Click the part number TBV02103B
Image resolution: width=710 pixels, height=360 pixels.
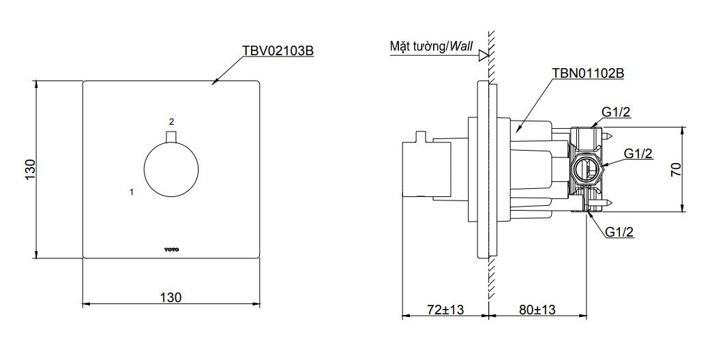(x=278, y=51)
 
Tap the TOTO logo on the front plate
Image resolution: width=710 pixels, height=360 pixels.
(x=171, y=249)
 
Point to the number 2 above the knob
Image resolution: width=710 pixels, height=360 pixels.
(x=171, y=121)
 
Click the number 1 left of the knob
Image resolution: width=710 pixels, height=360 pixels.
(x=132, y=193)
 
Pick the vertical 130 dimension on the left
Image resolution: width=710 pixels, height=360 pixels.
(x=29, y=170)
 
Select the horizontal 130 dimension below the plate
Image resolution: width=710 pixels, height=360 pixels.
(x=171, y=297)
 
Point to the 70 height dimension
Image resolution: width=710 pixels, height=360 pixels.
(x=676, y=170)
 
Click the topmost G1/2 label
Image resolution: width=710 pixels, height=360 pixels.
(x=616, y=112)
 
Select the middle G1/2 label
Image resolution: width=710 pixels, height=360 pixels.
(x=638, y=153)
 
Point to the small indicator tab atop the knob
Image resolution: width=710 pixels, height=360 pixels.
(x=171, y=138)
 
